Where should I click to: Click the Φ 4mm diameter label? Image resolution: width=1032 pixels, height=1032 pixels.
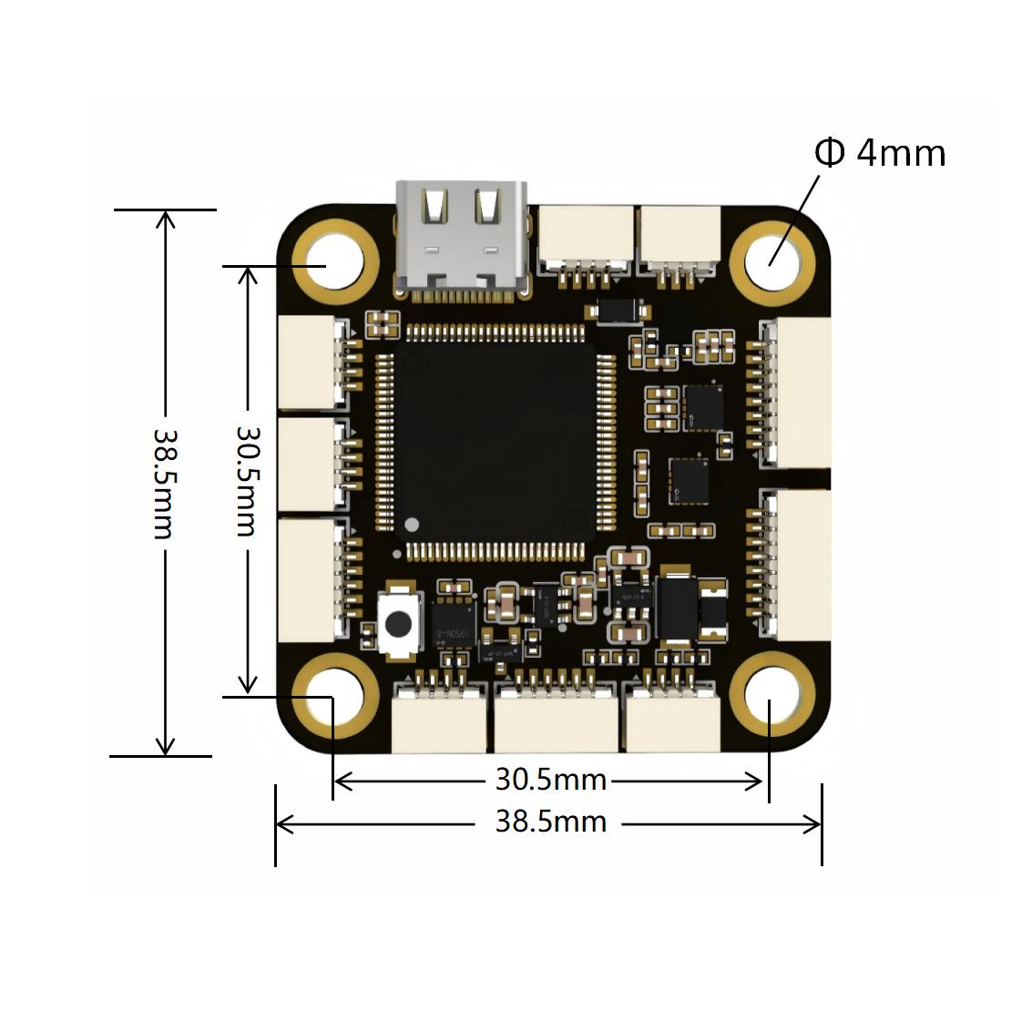click(x=879, y=153)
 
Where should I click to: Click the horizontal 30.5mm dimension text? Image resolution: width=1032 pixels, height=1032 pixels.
click(x=551, y=780)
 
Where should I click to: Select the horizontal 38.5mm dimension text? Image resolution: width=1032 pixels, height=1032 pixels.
click(x=551, y=822)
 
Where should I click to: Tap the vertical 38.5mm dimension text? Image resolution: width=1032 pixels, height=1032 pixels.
click(x=164, y=483)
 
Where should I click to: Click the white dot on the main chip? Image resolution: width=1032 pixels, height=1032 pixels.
click(x=412, y=525)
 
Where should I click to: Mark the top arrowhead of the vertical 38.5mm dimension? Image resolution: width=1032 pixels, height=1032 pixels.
click(x=165, y=217)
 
